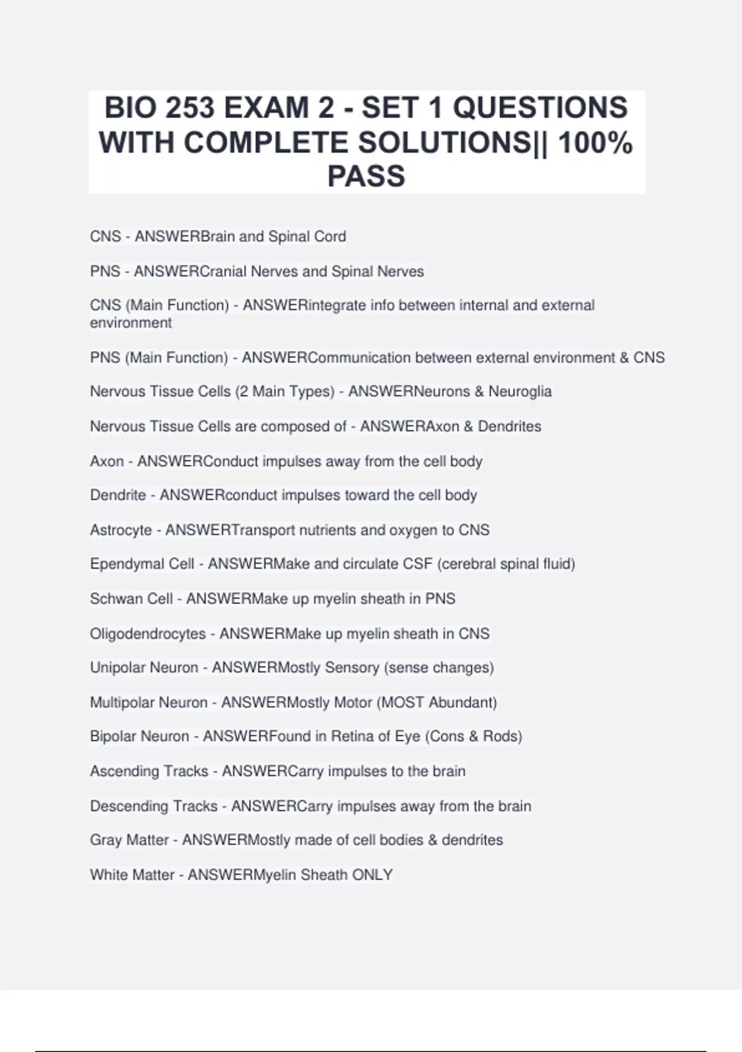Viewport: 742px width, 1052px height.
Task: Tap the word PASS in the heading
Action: pyautogui.click(x=366, y=176)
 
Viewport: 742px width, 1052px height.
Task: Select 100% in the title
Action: pyautogui.click(x=595, y=142)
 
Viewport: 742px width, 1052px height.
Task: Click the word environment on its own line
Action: pyautogui.click(x=130, y=322)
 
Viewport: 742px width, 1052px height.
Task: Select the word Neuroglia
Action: pyautogui.click(x=520, y=391)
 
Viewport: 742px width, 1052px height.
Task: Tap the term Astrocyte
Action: pyautogui.click(x=121, y=530)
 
